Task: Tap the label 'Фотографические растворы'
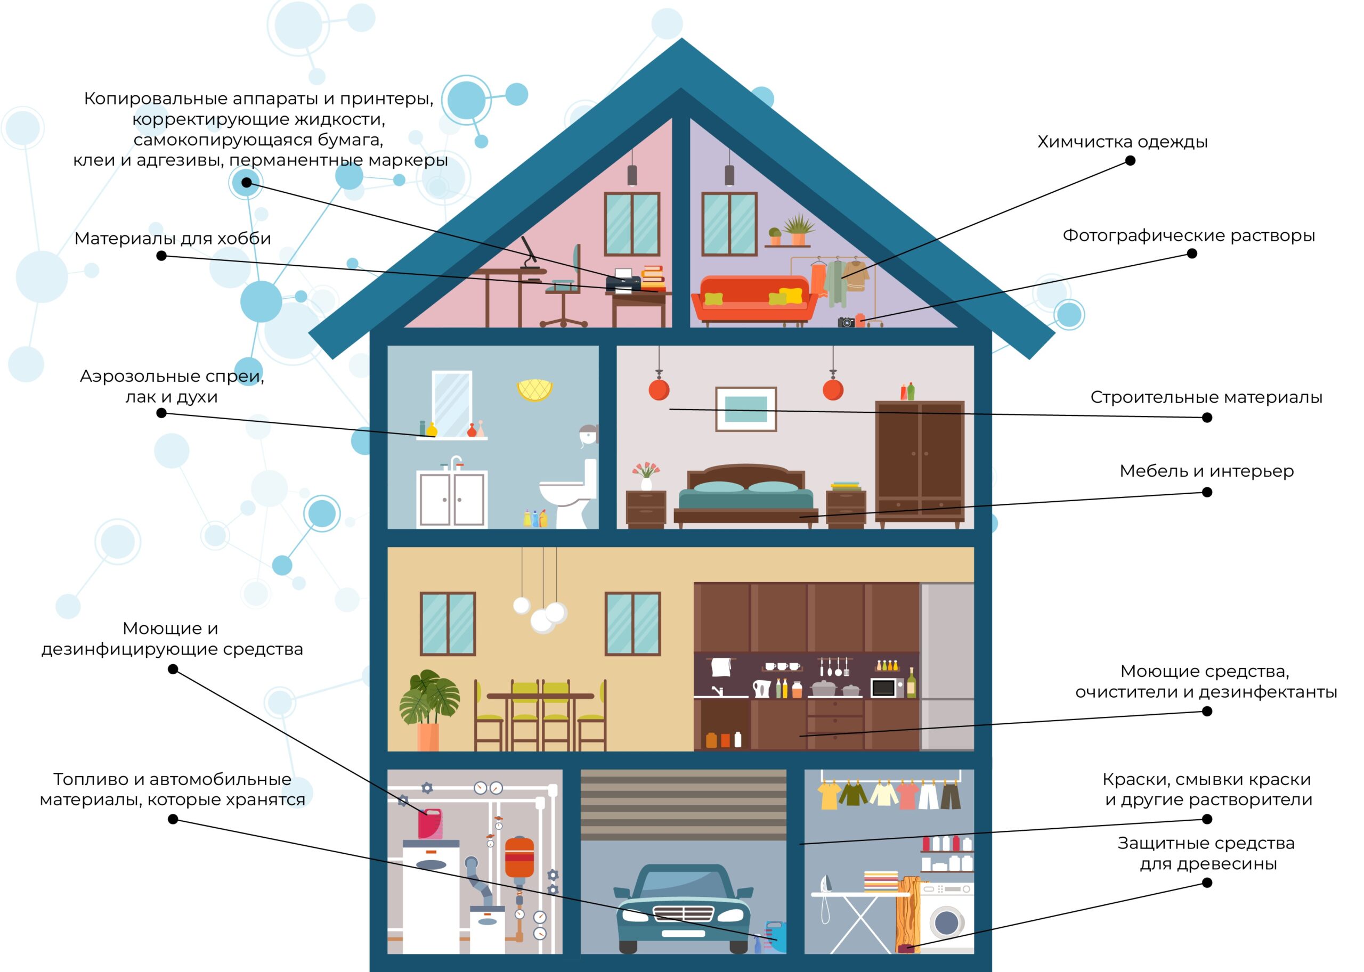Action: click(1188, 236)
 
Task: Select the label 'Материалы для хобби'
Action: click(173, 239)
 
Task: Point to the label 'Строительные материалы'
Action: click(1206, 397)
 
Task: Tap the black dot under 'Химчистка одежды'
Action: click(1130, 160)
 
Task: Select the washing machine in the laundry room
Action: click(948, 919)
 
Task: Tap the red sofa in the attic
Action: click(754, 299)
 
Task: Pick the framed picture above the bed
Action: click(745, 410)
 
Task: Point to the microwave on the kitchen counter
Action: click(887, 688)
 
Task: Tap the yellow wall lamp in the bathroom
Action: click(534, 390)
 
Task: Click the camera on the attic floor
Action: click(846, 323)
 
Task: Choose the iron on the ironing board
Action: click(826, 884)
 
